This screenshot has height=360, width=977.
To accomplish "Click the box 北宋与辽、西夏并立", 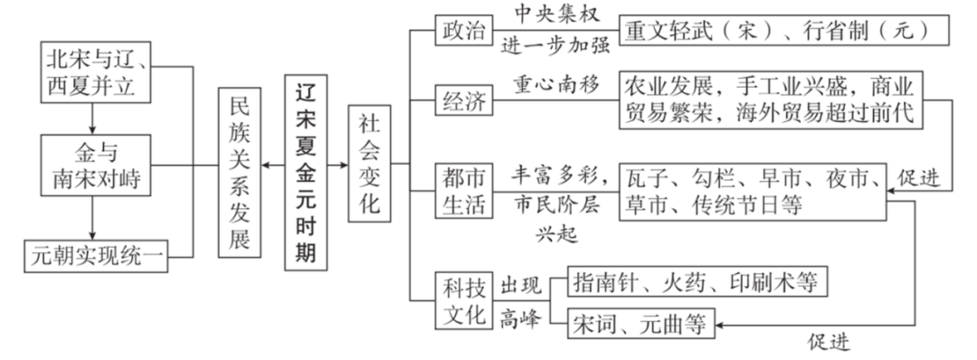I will (96, 73).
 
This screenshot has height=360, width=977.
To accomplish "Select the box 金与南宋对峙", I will (96, 166).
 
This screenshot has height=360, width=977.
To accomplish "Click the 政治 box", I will (461, 29).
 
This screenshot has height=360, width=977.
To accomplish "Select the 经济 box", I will (461, 100).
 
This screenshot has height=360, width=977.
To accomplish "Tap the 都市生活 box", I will (461, 190).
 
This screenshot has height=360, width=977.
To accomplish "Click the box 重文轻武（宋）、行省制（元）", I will (783, 29).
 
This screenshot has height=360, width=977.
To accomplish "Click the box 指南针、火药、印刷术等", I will (695, 282).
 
